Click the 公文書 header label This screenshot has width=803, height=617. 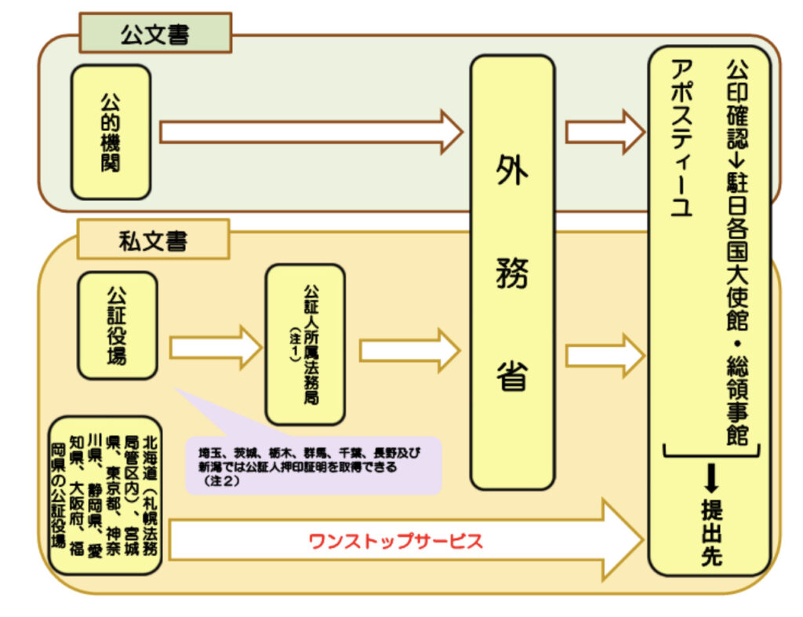(154, 34)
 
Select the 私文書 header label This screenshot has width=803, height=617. (154, 240)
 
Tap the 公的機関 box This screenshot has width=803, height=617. (111, 131)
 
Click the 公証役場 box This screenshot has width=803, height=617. (117, 325)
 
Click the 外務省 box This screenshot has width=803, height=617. (512, 272)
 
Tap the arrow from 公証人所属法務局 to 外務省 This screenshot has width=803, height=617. (409, 350)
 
